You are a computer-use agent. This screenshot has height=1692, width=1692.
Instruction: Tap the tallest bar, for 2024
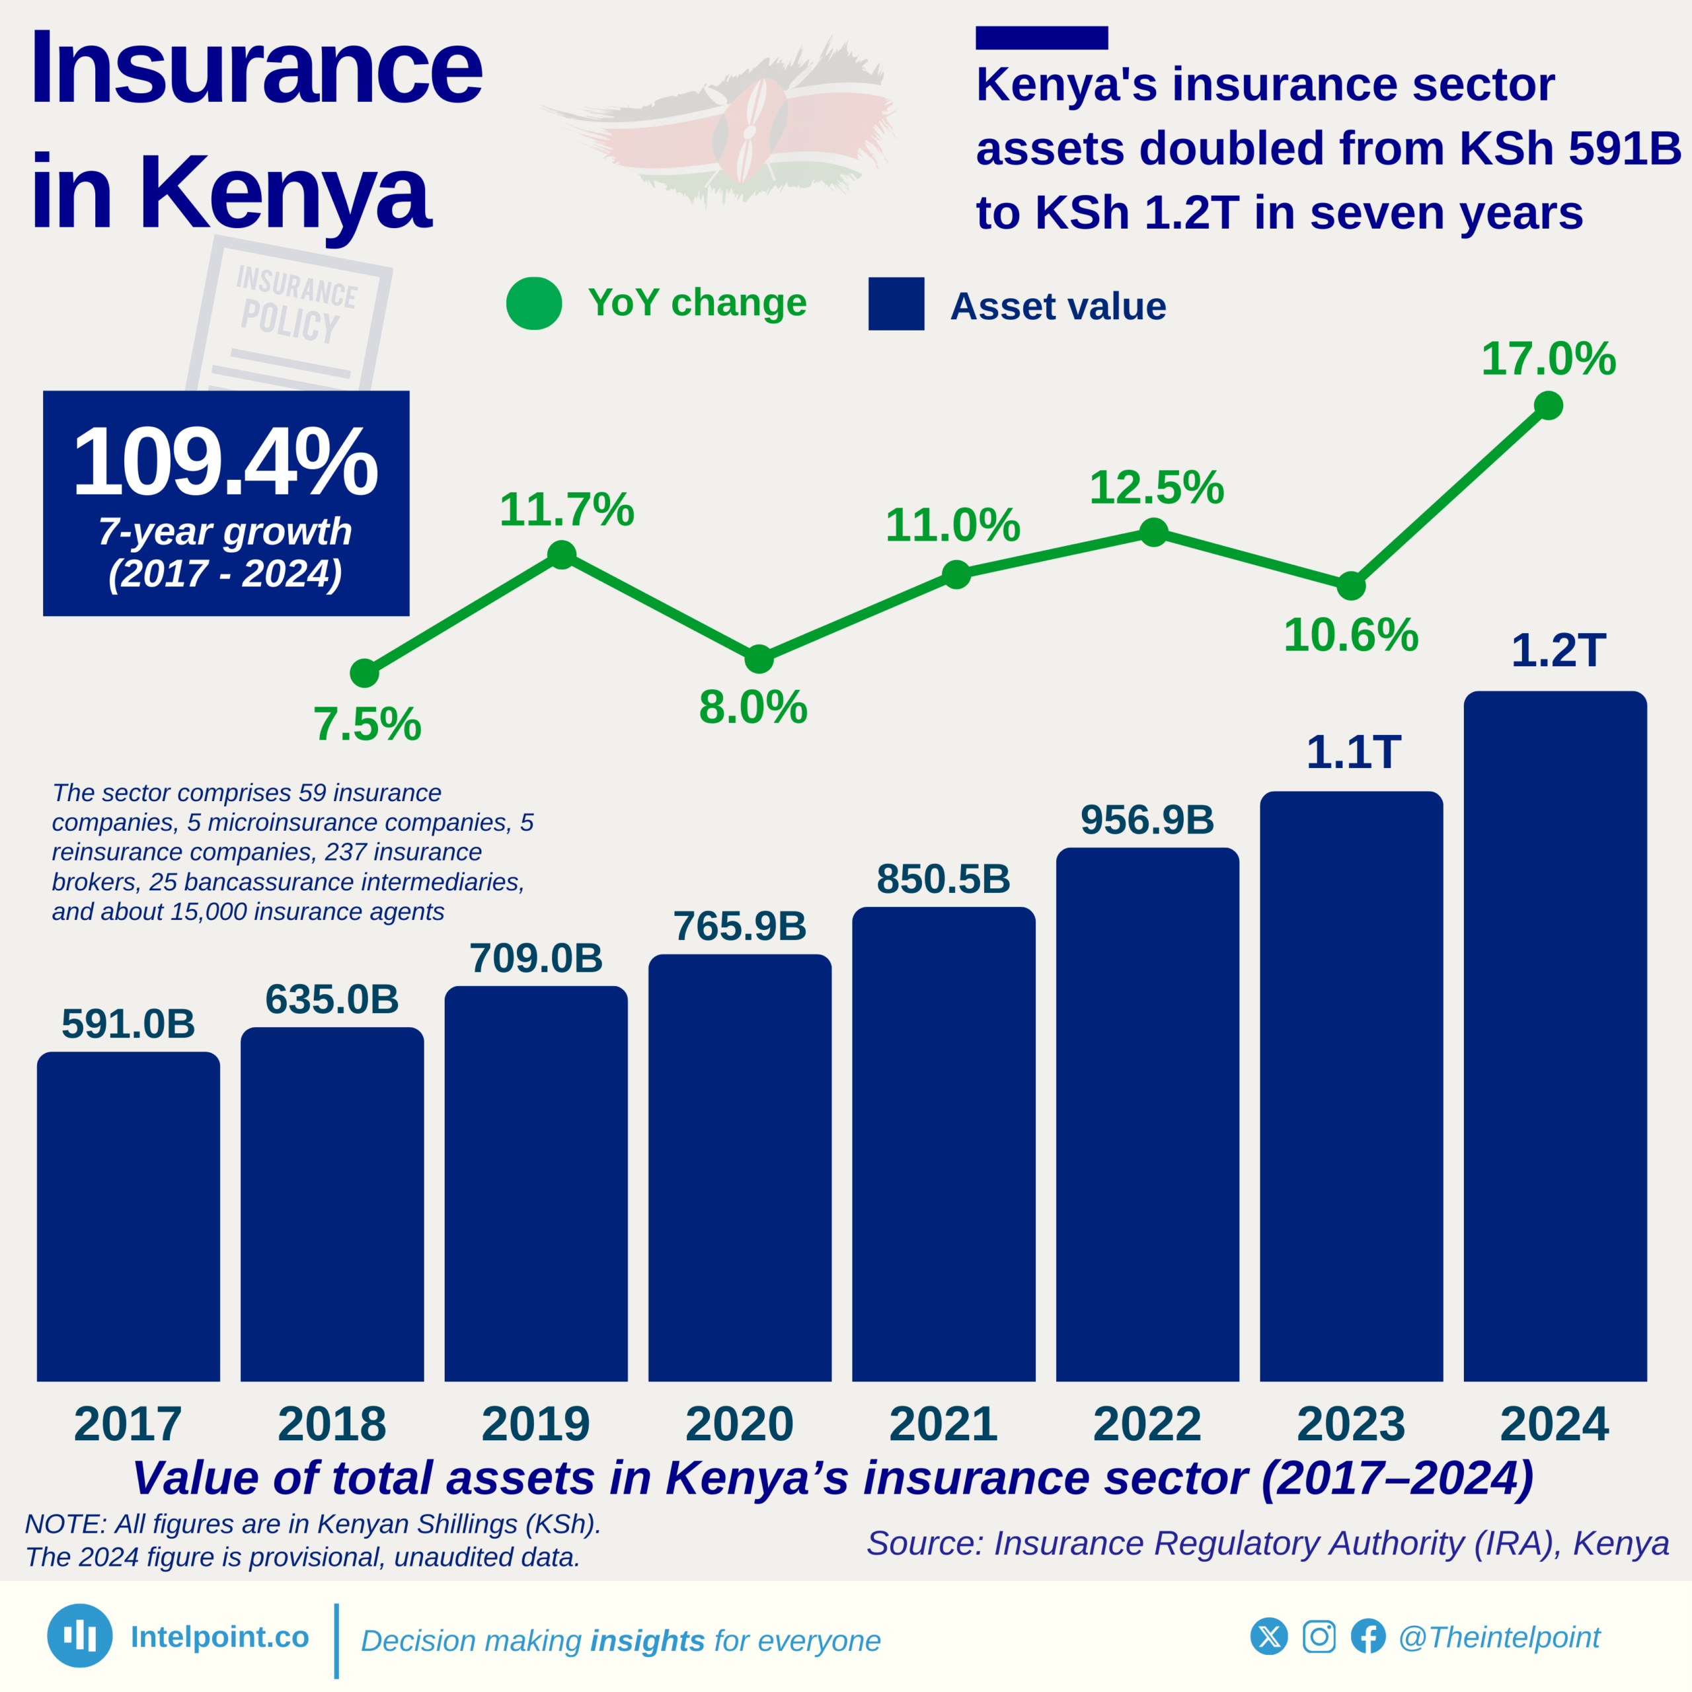point(1555,1037)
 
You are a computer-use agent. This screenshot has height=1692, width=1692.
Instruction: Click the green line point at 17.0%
point(1549,405)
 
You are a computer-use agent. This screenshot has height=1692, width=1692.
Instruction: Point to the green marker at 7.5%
point(364,673)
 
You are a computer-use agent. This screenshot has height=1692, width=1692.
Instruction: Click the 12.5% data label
point(1156,488)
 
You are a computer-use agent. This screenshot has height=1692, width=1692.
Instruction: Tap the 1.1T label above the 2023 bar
point(1353,752)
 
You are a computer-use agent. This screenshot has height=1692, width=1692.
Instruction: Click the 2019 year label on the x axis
point(535,1424)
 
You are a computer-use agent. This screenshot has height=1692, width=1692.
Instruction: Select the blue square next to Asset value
point(896,304)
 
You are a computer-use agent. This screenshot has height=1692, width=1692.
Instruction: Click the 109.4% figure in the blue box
point(225,461)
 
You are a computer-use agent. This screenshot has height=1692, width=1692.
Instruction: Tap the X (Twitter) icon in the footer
point(1269,1637)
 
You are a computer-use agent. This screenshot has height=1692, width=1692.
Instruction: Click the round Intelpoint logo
point(80,1636)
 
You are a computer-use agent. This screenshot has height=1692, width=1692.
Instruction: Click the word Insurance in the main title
point(256,68)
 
